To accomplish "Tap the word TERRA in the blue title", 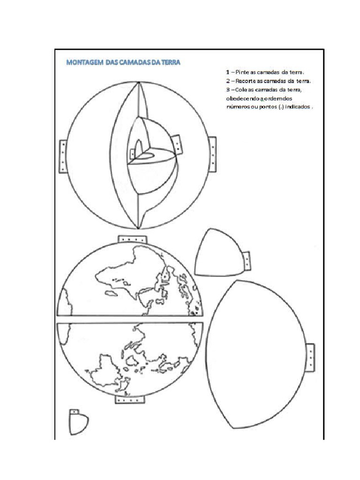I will [x=170, y=62].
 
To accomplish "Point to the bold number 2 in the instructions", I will [x=227, y=81].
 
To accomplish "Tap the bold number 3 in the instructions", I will [x=227, y=90].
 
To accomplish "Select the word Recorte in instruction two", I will [x=247, y=81].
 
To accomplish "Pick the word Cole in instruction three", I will [x=241, y=90].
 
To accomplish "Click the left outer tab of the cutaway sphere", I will [x=63, y=156].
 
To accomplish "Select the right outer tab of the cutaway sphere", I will [x=212, y=154].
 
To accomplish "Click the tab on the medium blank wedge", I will [x=246, y=262].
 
